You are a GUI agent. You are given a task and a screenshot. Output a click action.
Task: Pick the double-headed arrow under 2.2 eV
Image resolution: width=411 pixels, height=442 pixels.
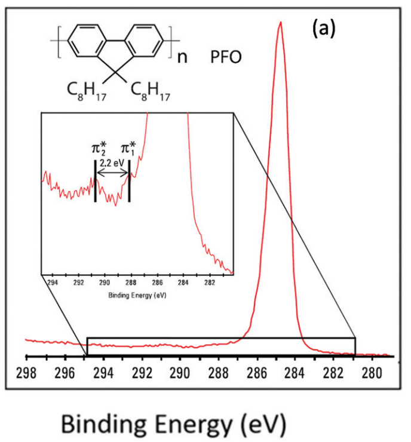coord(113,173)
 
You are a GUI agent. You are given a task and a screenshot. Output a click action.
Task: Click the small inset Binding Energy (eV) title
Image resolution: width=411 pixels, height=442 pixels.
coord(136,295)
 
